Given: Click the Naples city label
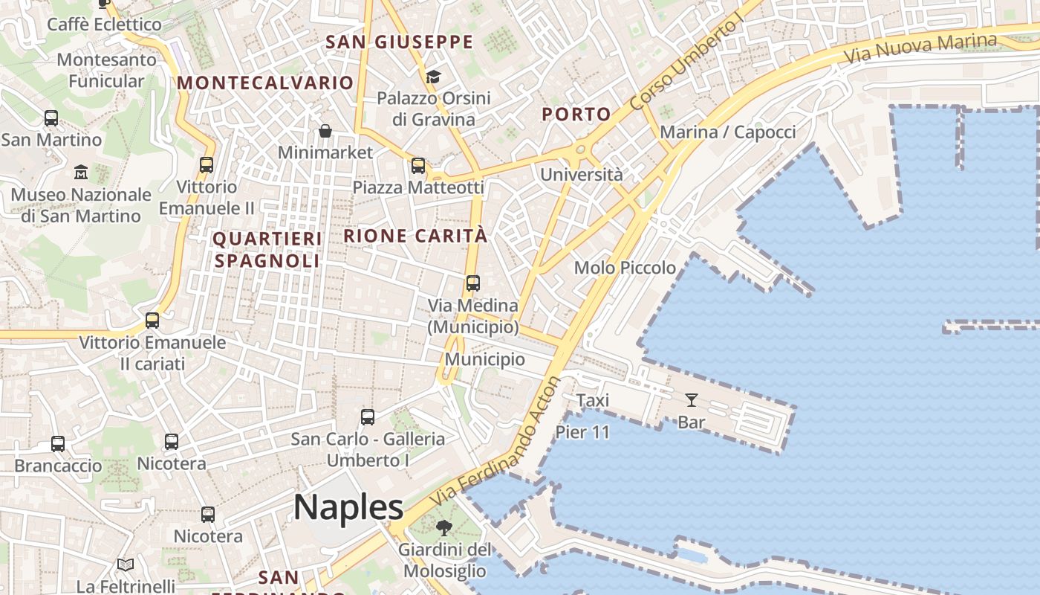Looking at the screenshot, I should (348, 507).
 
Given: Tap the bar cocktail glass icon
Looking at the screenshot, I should (692, 400).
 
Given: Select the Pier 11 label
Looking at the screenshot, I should (582, 431).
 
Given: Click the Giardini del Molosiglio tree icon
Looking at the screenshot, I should (444, 528).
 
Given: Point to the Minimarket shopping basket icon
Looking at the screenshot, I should (325, 132).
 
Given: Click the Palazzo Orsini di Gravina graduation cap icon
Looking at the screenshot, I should (433, 77).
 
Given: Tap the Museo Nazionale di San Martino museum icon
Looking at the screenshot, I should (81, 173).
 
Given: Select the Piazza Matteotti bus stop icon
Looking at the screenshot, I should (418, 166).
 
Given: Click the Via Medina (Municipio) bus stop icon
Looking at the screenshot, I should (473, 283).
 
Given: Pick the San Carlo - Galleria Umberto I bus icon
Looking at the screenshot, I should (368, 417).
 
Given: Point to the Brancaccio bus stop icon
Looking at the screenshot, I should (58, 444).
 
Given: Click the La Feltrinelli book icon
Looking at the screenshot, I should (126, 565).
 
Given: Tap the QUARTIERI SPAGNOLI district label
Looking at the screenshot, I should (267, 250).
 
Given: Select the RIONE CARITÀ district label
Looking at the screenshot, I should (415, 237).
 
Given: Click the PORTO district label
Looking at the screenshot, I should (576, 115).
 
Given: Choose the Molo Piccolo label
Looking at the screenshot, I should (625, 268).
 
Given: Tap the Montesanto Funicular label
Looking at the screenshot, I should (106, 70).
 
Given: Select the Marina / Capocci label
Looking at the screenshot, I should (727, 132).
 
